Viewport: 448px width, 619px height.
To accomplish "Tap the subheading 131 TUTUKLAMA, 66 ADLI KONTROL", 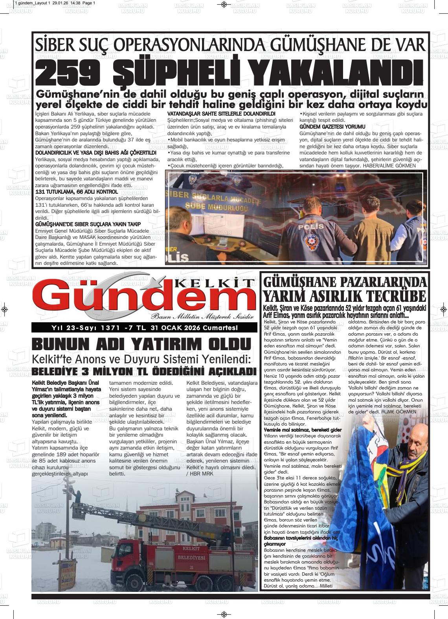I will (77, 192).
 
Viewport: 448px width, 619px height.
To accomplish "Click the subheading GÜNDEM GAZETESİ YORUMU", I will (332, 127).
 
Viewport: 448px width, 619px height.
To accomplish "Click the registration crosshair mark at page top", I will (224, 4).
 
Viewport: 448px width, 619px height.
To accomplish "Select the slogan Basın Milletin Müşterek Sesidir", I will (202, 317).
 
